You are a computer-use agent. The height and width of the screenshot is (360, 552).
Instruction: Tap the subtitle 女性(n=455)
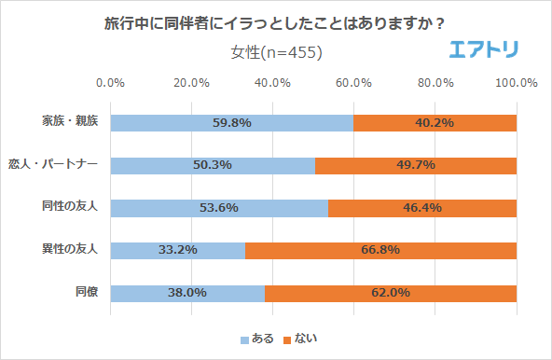276,52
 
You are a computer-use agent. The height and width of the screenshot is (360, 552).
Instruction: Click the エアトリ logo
485,49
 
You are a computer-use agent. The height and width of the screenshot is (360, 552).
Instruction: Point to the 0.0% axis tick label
111,83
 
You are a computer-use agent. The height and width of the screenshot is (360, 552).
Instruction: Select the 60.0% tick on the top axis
354,83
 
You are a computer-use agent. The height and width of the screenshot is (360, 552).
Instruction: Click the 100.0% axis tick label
516,83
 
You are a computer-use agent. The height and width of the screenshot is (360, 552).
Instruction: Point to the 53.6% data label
220,208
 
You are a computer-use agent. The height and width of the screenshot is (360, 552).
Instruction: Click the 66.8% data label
380,250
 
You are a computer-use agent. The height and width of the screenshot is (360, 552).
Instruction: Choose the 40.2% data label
435,123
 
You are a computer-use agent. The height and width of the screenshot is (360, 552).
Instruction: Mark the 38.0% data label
188,293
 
